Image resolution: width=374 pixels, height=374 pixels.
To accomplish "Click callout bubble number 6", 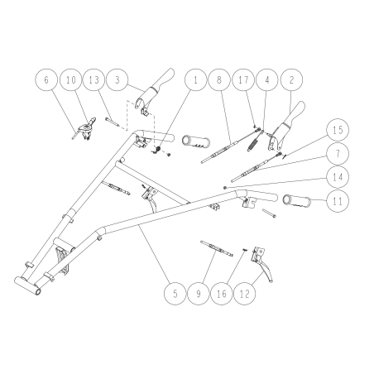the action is point(46,79).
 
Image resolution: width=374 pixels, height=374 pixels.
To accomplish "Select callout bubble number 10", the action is point(71,79).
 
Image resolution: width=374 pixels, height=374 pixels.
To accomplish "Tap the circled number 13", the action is point(94,79).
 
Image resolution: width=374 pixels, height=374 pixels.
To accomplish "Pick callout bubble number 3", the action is point(117,79).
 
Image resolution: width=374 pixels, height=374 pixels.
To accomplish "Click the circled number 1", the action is point(195,79).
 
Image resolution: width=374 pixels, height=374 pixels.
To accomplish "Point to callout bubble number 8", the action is point(219,79).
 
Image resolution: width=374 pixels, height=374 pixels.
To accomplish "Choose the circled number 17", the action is point(243,79).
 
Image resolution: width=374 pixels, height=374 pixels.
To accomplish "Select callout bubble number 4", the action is point(267,79).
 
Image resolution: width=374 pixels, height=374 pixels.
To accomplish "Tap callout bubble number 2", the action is point(291,79).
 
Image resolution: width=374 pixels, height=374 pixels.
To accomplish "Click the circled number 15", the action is point(338,130).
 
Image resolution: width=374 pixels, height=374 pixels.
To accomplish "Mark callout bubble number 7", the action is point(338,154).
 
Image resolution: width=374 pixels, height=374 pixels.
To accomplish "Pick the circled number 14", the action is point(338,177).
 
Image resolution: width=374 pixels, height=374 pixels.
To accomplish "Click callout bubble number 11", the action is point(338,201).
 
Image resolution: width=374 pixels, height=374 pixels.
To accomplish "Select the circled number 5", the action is point(175,294).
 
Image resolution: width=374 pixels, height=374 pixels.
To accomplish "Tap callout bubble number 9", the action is point(199,294).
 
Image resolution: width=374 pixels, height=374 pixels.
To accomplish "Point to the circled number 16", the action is point(222,294).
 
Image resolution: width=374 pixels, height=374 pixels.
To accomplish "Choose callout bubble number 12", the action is point(245,294).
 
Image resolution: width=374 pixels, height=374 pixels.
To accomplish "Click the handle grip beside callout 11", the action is point(296,200).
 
